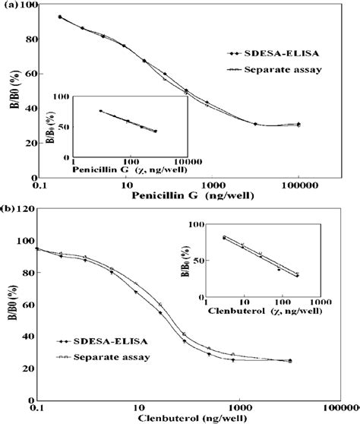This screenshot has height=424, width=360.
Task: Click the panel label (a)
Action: click(x=11, y=7)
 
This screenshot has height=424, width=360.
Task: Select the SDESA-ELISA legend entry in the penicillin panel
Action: click(x=262, y=53)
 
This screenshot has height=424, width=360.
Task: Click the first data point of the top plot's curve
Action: click(x=60, y=17)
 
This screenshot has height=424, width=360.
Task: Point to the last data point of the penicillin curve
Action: click(x=298, y=124)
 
